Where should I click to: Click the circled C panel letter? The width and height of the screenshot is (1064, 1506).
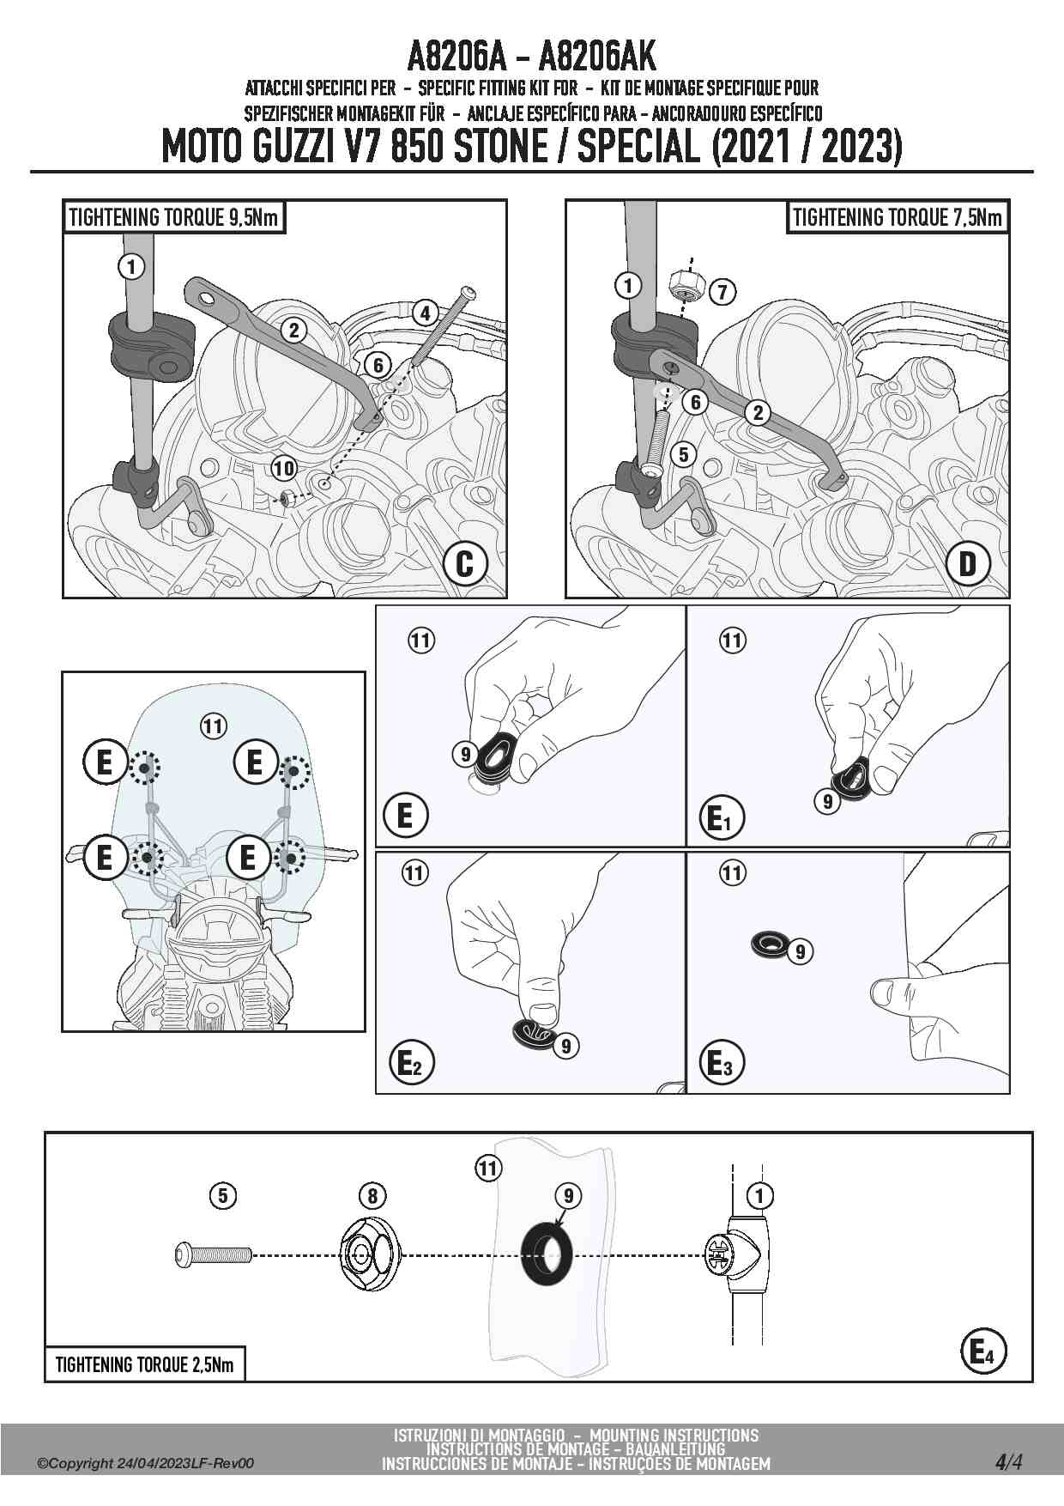point(465,564)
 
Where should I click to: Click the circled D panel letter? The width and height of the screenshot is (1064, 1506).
point(968,564)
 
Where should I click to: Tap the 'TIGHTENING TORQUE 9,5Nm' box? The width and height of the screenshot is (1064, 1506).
point(173,217)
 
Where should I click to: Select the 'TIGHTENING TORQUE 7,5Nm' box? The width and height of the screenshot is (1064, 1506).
point(897,217)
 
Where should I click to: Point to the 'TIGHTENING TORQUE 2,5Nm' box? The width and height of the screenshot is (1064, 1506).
point(144,1364)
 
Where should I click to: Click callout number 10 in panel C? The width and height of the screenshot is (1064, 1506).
point(283,468)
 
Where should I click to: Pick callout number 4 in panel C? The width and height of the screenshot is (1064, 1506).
point(425,313)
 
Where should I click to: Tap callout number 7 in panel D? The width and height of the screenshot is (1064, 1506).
point(722,292)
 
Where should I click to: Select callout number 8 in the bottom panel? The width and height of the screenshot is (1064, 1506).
point(372,1195)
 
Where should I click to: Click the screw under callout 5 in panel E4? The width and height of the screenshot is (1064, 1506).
point(212,1254)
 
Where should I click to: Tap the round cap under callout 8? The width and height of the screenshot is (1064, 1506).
point(372,1254)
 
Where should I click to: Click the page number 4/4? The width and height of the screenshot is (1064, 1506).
point(1008,1462)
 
